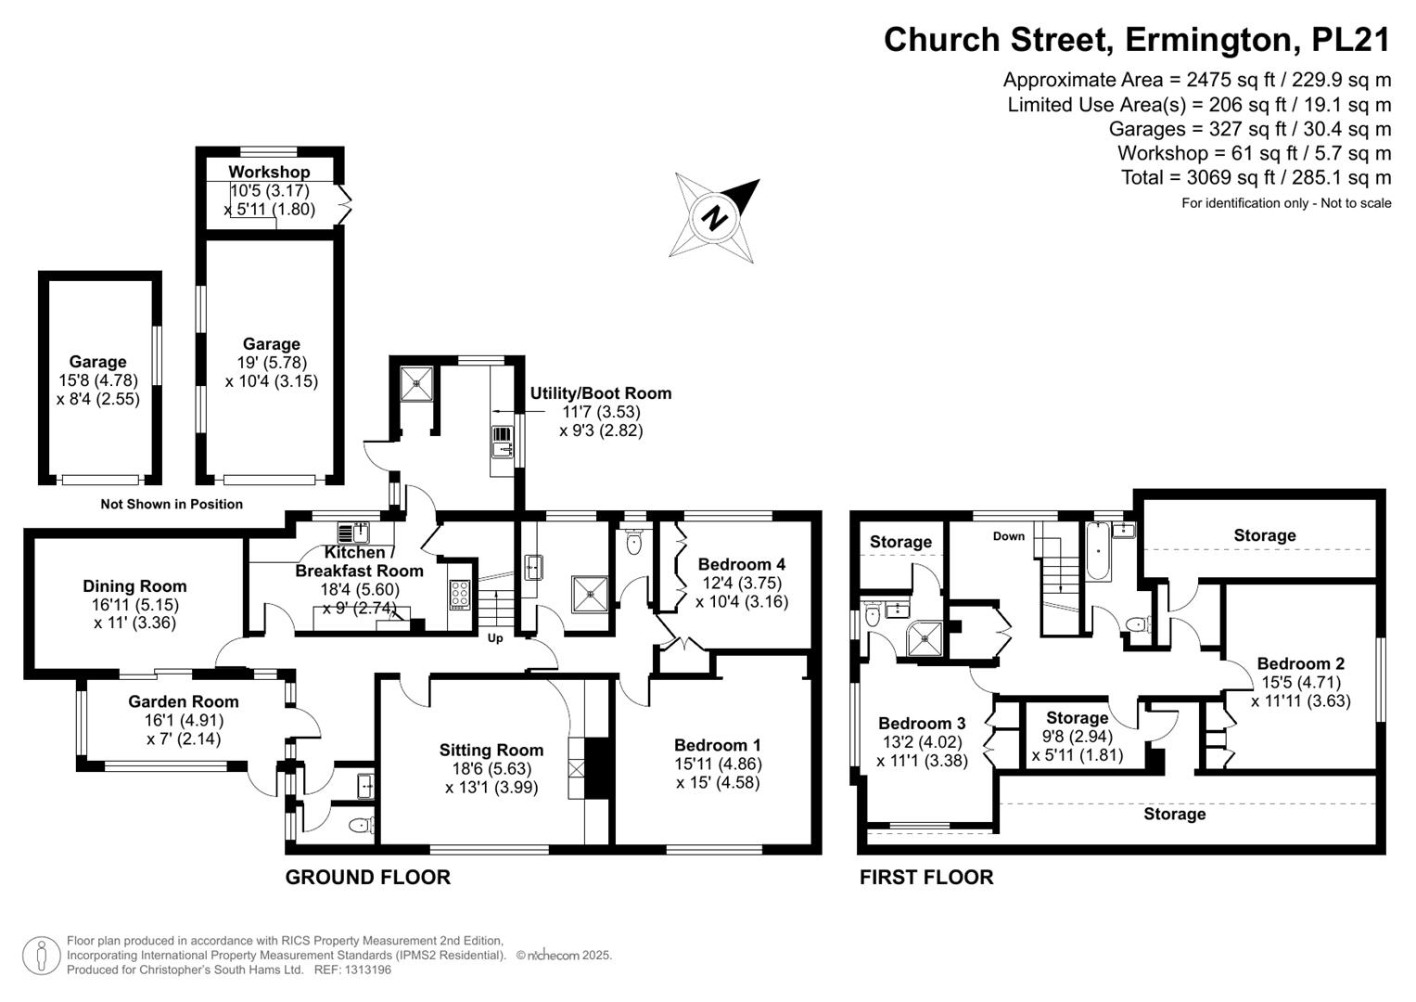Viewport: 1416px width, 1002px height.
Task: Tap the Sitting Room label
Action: point(491,751)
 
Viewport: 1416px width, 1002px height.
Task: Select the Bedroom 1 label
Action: point(718,745)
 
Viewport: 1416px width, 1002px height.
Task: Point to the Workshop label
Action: point(269,172)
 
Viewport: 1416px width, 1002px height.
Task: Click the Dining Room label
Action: point(134,586)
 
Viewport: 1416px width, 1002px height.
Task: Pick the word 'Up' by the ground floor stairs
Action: point(495,638)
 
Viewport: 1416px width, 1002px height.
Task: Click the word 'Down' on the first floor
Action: point(1009,536)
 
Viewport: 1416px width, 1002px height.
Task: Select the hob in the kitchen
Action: point(460,594)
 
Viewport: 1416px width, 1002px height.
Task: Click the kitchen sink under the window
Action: point(354,533)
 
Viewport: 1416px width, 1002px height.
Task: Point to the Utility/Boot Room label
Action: point(601,393)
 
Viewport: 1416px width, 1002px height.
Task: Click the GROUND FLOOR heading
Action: point(367,878)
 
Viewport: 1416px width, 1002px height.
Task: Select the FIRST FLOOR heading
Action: point(926,878)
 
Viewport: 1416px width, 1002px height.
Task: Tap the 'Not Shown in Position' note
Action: point(172,505)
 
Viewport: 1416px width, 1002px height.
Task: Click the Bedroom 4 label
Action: point(742,564)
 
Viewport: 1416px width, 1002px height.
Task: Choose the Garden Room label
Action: point(184,702)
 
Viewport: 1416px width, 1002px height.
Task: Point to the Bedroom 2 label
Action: point(1300,663)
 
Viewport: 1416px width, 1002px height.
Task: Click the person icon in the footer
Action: point(41,956)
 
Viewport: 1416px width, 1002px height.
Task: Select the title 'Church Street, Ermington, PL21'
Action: point(1137,40)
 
